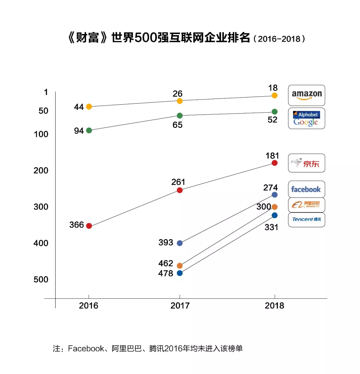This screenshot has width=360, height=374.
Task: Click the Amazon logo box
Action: pos(306,95)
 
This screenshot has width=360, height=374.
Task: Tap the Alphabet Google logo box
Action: pos(306,118)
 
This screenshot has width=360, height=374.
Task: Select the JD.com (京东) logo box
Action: pos(306,163)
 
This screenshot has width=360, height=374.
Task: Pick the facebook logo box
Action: pos(306,189)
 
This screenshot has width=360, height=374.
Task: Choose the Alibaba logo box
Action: pos(306,205)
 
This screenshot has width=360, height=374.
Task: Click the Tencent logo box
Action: pos(306,219)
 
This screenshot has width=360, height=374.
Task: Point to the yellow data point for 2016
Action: pos(89,107)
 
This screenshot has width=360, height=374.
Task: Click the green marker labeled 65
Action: pos(180,116)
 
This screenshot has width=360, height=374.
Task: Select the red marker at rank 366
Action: pos(89,226)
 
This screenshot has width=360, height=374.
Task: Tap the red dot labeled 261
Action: pos(180,190)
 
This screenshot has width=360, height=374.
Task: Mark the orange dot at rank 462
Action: pos(180,265)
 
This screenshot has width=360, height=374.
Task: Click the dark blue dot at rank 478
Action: pos(180,273)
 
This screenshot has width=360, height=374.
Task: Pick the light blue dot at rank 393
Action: pos(180,243)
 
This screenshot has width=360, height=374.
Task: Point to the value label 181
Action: pos(272,156)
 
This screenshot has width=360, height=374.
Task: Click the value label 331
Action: pos(271,227)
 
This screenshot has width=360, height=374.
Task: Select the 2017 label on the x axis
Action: pos(180,305)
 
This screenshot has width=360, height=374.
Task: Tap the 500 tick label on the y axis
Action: pos(41,279)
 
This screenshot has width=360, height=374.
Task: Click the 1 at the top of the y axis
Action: pos(46,92)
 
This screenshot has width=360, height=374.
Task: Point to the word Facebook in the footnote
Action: pos(86,348)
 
